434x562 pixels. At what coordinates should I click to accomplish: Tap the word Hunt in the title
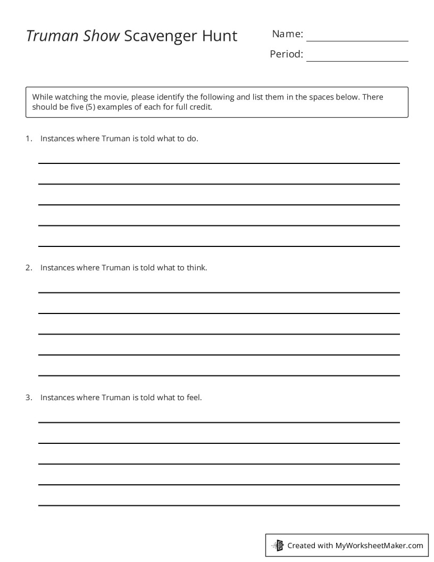[x=219, y=36]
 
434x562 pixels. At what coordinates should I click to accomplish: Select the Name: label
[x=287, y=34]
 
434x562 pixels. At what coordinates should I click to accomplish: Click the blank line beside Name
[x=357, y=40]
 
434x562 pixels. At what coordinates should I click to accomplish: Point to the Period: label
[x=286, y=54]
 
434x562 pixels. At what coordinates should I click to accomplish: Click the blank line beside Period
[x=357, y=61]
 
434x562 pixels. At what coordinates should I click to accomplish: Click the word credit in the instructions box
[x=199, y=106]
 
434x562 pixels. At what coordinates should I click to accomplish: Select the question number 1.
[x=28, y=138]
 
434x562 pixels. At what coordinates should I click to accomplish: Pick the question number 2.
[x=28, y=268]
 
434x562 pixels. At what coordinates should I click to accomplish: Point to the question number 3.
[x=28, y=397]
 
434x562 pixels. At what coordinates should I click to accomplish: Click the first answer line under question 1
[x=219, y=163]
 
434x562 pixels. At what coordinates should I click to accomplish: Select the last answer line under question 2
[x=219, y=375]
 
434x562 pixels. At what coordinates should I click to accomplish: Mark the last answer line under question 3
[x=219, y=505]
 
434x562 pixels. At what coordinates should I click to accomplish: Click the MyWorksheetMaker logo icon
[x=278, y=545]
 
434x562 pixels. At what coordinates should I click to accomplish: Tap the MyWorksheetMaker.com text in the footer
[x=379, y=545]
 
